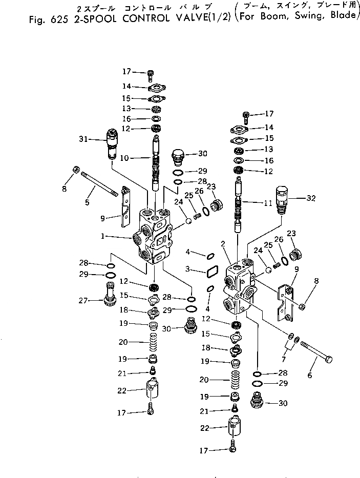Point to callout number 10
pos(124,158)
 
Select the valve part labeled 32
pos(283,200)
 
